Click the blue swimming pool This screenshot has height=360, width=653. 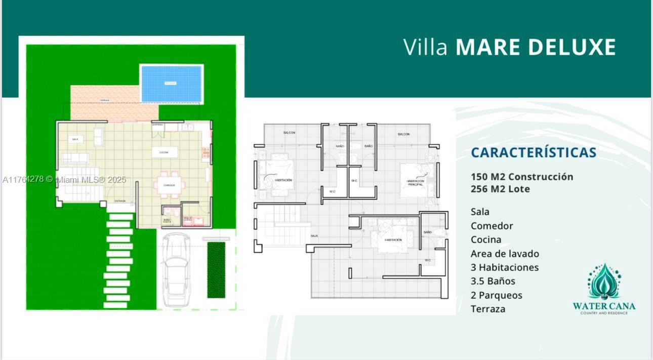tap(172, 84)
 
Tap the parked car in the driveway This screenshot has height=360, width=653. tap(176, 269)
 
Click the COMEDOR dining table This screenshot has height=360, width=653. tap(170, 185)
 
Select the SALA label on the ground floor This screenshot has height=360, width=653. tap(75, 139)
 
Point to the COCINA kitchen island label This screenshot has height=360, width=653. tap(164, 152)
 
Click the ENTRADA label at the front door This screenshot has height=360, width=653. tap(120, 201)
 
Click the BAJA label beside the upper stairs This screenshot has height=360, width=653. tap(314, 236)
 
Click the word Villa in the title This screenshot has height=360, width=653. tap(426, 47)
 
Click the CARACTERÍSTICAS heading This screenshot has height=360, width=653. tap(534, 152)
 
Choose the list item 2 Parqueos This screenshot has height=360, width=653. tap(496, 295)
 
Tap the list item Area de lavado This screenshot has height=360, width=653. tap(505, 254)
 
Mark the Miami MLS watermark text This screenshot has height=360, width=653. tap(64, 180)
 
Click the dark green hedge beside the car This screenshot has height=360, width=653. tap(216, 269)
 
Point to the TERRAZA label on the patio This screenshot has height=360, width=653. tap(104, 100)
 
